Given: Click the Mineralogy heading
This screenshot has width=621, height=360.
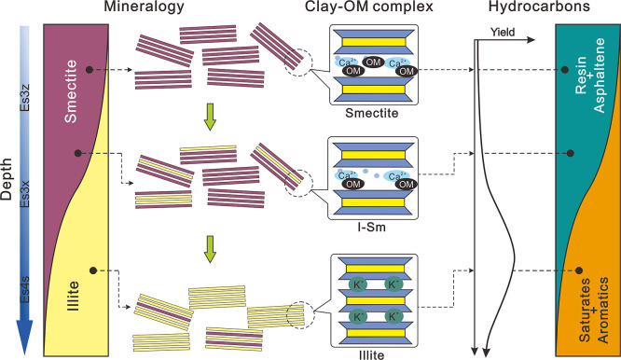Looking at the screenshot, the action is tap(145, 7).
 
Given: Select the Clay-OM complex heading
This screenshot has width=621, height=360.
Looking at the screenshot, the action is tap(369, 7).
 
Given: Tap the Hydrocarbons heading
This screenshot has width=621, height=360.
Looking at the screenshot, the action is tap(539, 7).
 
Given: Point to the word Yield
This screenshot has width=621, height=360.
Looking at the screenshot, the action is tap(503, 32).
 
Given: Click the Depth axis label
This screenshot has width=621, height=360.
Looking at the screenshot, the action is tap(7, 179).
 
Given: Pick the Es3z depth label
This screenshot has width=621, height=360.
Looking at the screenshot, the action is tap(25, 97).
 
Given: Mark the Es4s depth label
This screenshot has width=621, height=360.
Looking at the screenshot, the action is tap(25, 290).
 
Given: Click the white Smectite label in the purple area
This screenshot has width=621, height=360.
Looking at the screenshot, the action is tap(71, 91).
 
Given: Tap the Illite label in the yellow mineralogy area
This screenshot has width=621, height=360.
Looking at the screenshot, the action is tap(73, 296).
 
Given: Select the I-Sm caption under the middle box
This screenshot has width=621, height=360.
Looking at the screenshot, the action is tap(371, 227).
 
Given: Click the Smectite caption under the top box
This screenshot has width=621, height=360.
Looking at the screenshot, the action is tap(371, 113).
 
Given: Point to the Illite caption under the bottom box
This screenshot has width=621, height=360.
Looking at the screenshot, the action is tap(371, 354).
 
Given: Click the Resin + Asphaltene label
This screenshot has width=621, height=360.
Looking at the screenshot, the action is tap(589, 76).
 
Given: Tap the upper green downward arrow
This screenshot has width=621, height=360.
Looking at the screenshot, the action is tap(210, 118).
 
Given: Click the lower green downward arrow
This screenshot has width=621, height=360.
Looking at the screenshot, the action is tap(210, 250).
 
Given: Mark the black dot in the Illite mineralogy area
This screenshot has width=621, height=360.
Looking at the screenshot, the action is tap(93, 270).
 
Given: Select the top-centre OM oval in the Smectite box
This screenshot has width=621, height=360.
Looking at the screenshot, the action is tap(373, 62).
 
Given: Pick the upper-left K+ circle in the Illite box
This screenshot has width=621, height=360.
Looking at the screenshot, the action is tap(358, 284).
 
